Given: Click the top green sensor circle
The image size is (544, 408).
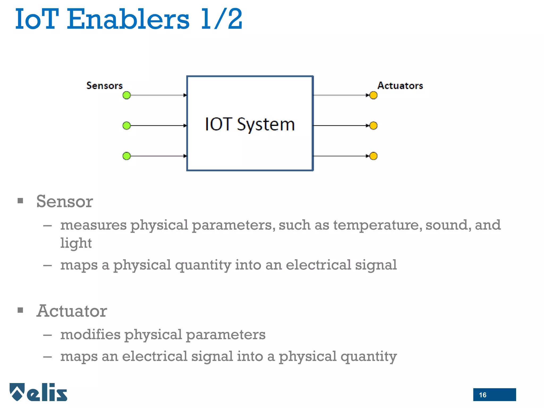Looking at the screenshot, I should pos(127,95).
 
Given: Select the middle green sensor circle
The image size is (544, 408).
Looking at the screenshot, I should pos(127,125).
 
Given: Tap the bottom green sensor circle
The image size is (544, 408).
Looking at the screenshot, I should pos(127,156).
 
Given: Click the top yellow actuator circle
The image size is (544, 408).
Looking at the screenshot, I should pos(373,95).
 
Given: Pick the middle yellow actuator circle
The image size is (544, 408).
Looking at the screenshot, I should pos(373,125).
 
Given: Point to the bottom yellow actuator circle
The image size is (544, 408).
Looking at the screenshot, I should pos(373,156).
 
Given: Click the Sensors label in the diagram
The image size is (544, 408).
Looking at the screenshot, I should pos(104,86).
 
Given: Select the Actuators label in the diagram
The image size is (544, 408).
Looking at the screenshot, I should pos(400,86).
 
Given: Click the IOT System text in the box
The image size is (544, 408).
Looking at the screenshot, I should pos(250,124).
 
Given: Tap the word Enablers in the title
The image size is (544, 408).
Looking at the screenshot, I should pos(128,19).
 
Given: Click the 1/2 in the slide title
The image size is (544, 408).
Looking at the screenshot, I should pos(222,19).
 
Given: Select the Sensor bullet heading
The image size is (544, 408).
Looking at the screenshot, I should pos(65,201).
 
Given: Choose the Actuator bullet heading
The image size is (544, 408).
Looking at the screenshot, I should pos(72,311).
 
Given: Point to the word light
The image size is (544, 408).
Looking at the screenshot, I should pos(76,243).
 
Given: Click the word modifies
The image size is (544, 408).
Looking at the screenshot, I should pos(90,334).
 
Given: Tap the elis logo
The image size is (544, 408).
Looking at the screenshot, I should pos(39,392).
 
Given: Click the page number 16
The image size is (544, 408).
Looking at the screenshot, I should pos(483,395).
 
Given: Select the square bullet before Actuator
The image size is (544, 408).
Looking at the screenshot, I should pos(20,310).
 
